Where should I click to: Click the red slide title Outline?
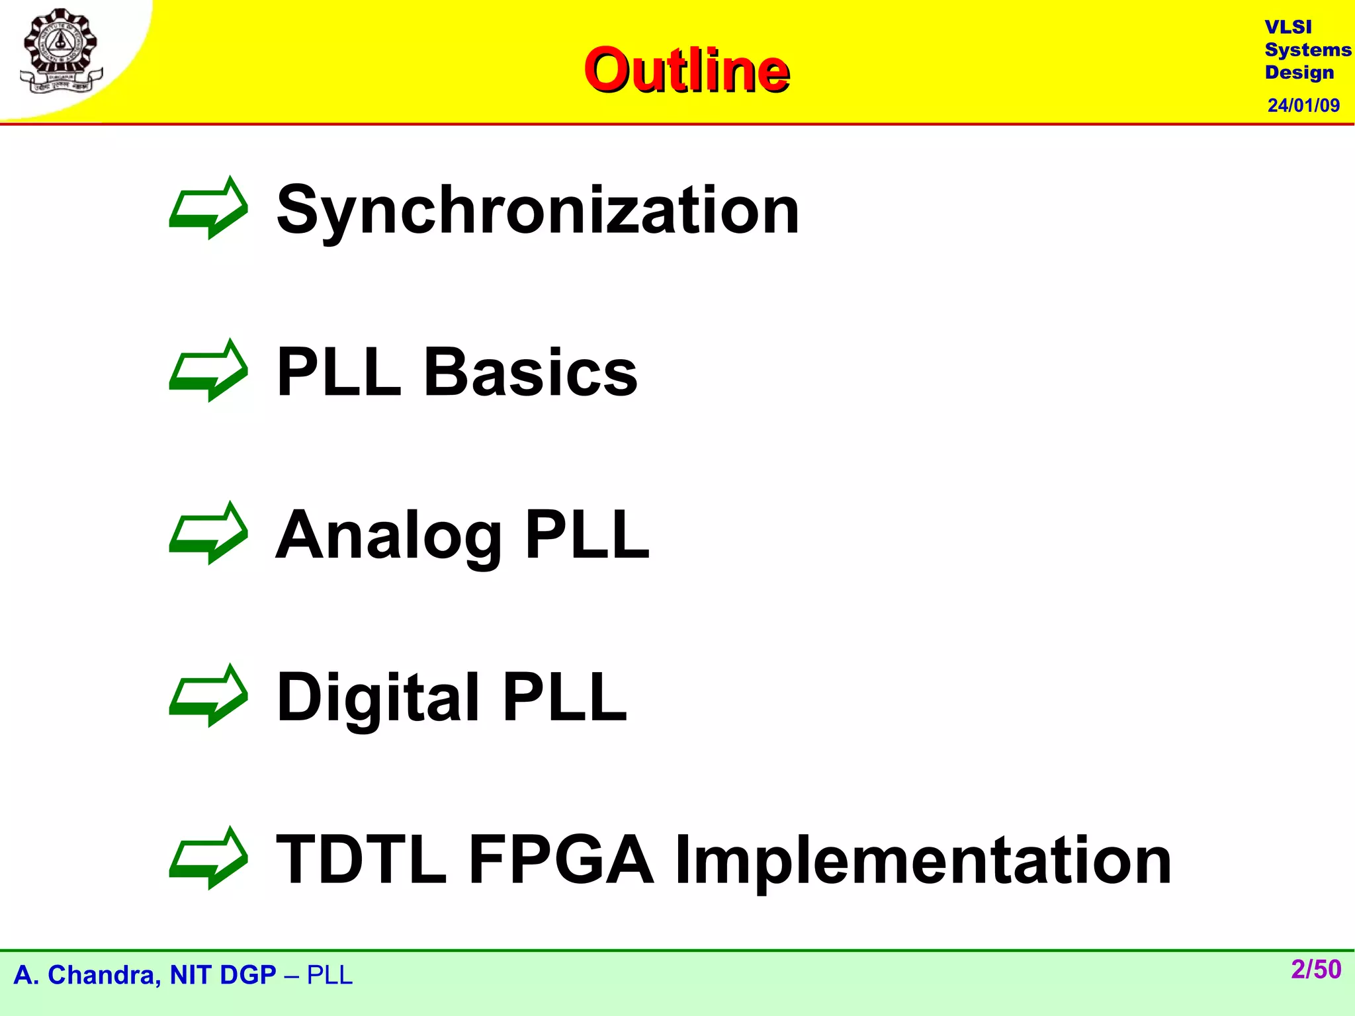tap(686, 70)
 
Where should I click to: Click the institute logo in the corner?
tap(61, 52)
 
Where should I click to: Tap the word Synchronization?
tap(538, 210)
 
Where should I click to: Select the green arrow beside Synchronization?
tap(209, 208)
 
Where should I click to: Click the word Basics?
tap(530, 372)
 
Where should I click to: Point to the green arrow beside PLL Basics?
tap(209, 370)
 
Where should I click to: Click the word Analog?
tap(388, 535)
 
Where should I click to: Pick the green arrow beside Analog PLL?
tap(209, 533)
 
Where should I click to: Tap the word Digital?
tap(378, 697)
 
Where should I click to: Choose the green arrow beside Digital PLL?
tap(209, 695)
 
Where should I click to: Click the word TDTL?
tap(361, 859)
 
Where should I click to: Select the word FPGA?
tap(561, 859)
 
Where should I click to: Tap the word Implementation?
tap(923, 859)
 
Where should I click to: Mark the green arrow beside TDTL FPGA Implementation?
tap(209, 858)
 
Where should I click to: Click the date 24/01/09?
tap(1303, 105)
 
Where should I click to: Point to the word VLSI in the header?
tap(1288, 27)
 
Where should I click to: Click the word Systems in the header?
tap(1307, 50)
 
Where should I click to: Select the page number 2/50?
tap(1315, 969)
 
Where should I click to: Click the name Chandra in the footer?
tap(105, 975)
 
